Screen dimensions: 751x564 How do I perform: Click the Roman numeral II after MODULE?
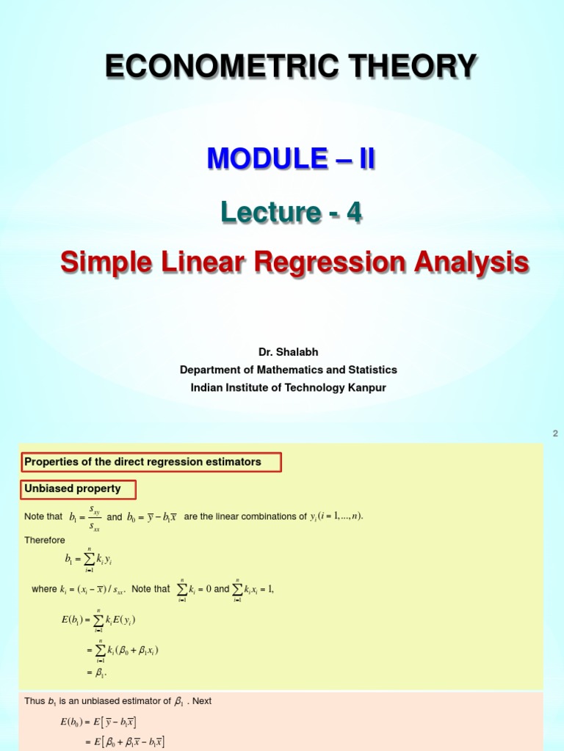pyautogui.click(x=364, y=158)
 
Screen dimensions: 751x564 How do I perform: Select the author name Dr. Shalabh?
pyautogui.click(x=288, y=352)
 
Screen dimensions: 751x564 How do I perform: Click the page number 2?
pyautogui.click(x=555, y=433)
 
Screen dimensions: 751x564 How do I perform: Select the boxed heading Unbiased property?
pyautogui.click(x=73, y=488)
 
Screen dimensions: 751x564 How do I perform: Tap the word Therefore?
pyautogui.click(x=45, y=540)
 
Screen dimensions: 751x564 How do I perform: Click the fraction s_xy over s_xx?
pyautogui.click(x=95, y=516)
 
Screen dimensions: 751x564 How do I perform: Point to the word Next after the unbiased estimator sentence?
pyautogui.click(x=202, y=701)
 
